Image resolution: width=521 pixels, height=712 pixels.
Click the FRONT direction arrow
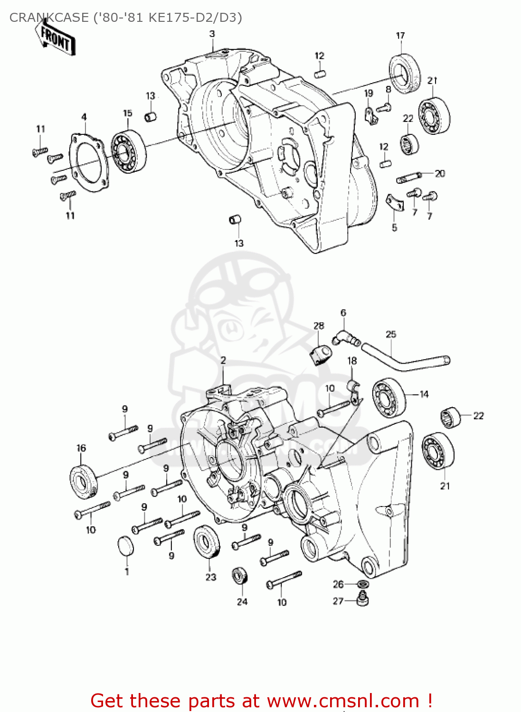click(55, 38)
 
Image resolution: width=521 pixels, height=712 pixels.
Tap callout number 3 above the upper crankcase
click(212, 34)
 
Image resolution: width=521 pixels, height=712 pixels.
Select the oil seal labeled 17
click(405, 74)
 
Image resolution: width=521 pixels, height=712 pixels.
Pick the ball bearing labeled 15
click(128, 151)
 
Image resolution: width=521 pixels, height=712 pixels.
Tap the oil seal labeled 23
click(207, 543)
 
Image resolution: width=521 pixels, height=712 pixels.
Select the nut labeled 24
click(240, 576)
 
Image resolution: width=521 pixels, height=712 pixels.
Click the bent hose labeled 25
click(404, 361)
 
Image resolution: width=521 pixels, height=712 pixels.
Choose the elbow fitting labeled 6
click(346, 337)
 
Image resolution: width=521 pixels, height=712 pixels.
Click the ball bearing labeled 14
click(389, 398)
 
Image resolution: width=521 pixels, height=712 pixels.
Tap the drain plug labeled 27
click(363, 600)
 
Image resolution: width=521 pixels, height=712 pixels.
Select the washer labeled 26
click(363, 583)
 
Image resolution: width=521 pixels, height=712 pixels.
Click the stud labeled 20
click(408, 177)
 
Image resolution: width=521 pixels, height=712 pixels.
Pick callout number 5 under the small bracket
click(394, 228)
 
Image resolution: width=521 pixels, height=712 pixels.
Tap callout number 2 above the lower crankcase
click(223, 360)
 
